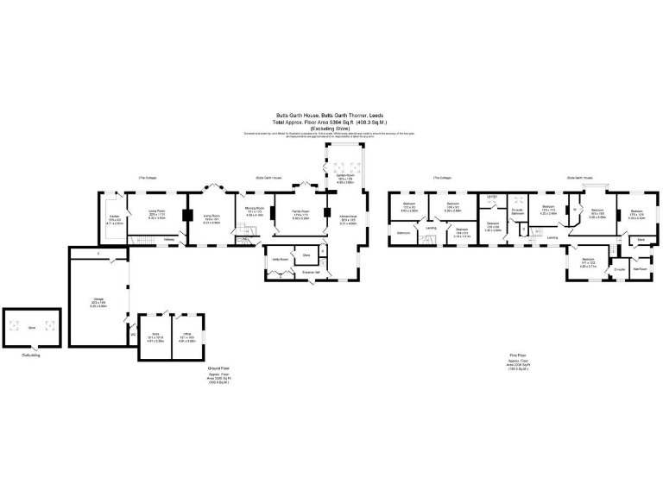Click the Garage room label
click(x=99, y=300)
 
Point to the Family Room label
click(x=300, y=211)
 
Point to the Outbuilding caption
click(x=32, y=355)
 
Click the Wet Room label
click(x=640, y=268)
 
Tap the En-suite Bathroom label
click(x=518, y=211)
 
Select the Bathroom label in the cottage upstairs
click(x=404, y=234)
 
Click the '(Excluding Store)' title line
click(x=332, y=129)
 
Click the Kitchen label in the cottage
click(x=113, y=216)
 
